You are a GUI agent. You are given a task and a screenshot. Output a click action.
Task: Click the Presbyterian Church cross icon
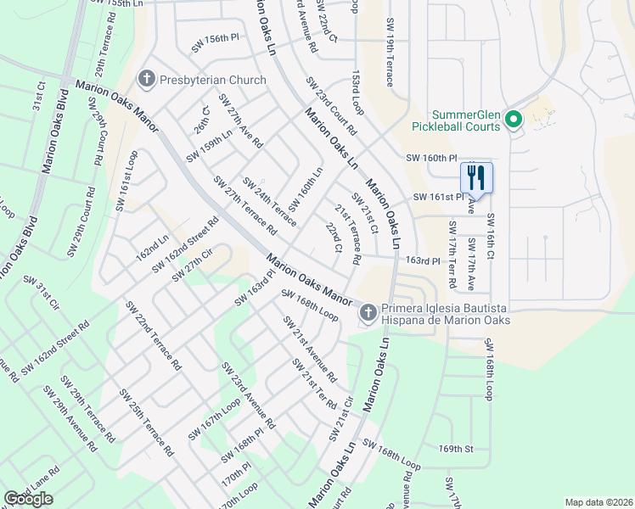[x=147, y=80]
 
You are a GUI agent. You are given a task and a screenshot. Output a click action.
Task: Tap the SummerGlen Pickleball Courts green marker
[x=513, y=120]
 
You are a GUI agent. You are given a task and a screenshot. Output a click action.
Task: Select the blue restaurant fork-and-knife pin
[x=476, y=178]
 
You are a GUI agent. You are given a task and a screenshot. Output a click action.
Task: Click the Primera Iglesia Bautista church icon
[x=368, y=313]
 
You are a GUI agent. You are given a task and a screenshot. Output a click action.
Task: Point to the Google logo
[x=28, y=499]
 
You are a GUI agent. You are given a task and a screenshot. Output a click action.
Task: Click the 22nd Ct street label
[x=334, y=238]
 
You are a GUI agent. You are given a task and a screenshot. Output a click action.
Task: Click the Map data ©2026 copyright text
[x=598, y=501]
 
